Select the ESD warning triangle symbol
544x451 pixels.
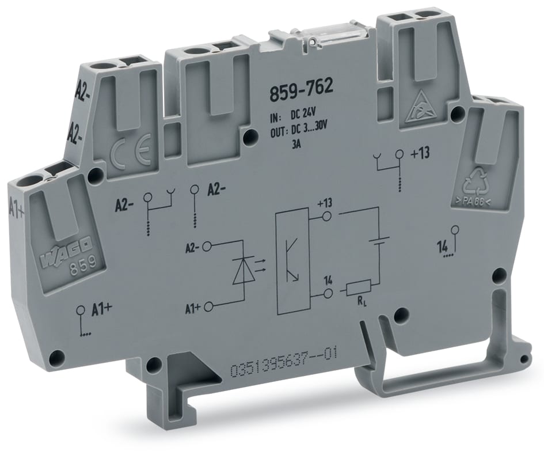tap(420, 111)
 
